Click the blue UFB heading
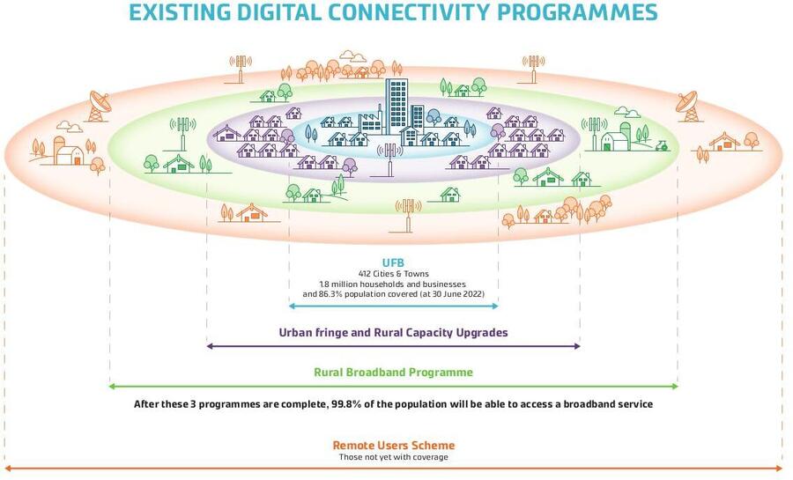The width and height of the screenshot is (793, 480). point(393,263)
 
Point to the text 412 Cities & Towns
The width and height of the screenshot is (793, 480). point(393,274)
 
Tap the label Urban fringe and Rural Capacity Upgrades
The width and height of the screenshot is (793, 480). point(393,333)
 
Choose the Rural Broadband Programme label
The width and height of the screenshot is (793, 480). point(393,373)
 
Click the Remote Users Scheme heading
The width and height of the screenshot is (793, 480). point(393,446)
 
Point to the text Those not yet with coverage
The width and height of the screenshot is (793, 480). point(393,457)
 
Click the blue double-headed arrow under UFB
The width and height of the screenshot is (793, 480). point(393,306)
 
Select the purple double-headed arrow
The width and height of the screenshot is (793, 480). point(393,346)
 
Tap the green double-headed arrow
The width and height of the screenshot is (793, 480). point(393,386)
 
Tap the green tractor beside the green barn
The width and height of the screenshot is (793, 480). point(663,142)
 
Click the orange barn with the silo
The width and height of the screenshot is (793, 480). point(63,151)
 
